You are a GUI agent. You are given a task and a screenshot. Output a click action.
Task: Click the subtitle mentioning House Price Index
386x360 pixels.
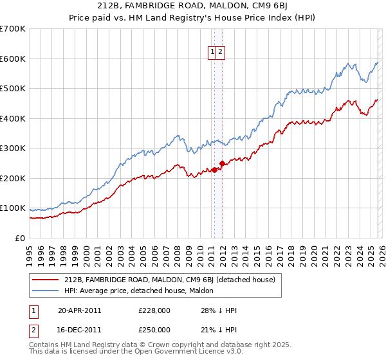(192, 18)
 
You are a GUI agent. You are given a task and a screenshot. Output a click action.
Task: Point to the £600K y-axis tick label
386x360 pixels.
(13, 59)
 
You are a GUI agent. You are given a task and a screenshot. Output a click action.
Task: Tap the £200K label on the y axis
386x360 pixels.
(13, 178)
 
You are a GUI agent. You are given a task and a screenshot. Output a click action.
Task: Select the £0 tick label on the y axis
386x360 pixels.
(20, 238)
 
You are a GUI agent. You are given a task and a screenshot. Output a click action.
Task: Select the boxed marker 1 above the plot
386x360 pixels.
(212, 53)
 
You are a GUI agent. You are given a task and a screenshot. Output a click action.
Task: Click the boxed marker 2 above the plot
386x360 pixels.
(220, 53)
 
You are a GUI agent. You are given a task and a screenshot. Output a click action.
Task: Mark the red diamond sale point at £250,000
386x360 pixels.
(222, 163)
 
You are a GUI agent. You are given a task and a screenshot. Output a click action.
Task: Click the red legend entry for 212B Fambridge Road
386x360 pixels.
(170, 280)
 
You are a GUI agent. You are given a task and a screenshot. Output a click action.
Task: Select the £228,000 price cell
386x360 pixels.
(154, 310)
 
